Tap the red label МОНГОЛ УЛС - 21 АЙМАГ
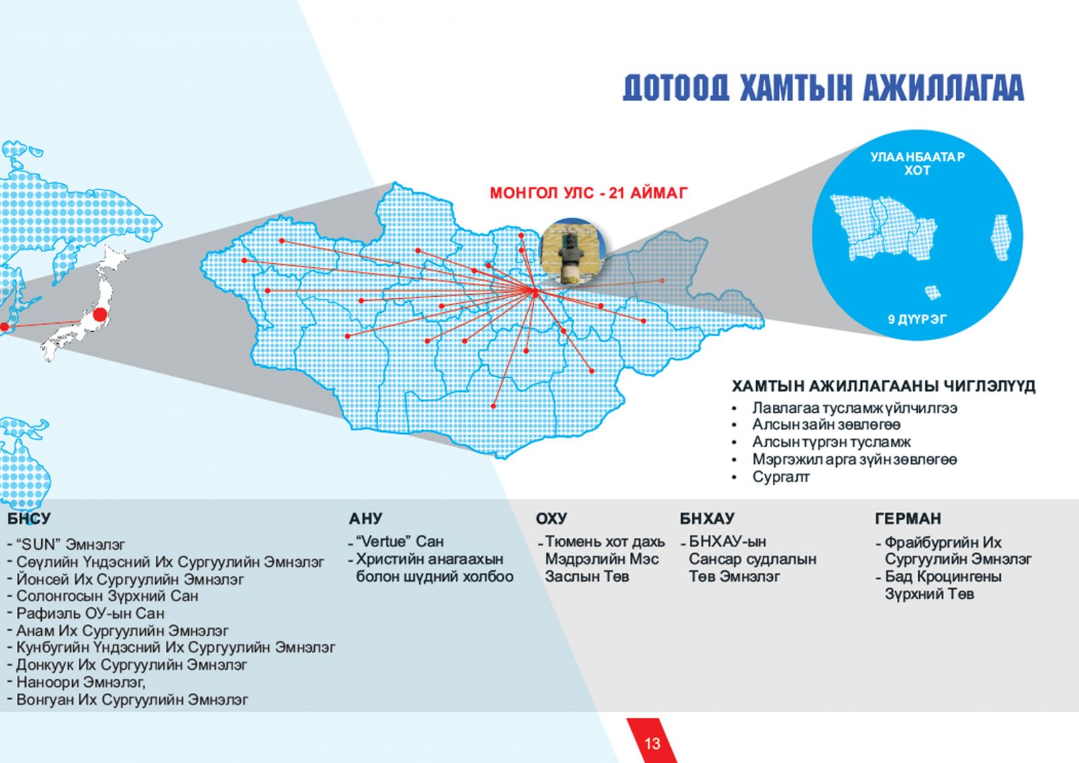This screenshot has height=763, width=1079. [x=588, y=194]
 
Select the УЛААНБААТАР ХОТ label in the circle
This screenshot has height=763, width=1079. [x=917, y=164]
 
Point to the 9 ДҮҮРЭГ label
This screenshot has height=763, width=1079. [x=917, y=319]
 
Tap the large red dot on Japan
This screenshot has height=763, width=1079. [x=100, y=315]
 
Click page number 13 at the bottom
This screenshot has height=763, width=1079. [x=652, y=743]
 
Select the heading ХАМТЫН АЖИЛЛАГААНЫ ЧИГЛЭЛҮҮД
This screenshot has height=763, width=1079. [x=883, y=387]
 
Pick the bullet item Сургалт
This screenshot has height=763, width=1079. [x=781, y=477]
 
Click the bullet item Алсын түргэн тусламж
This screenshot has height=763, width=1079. [x=831, y=442]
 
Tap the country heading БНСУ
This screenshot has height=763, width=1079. [x=29, y=519]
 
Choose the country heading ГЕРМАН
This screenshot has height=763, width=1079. [x=908, y=519]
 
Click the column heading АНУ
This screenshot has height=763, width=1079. [x=366, y=519]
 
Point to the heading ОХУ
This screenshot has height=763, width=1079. [x=552, y=519]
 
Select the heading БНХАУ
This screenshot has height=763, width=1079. [x=707, y=519]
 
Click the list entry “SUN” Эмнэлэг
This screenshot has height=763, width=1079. [x=70, y=544]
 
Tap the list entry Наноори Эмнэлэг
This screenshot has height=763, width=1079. [x=80, y=682]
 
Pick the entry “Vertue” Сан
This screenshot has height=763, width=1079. [x=400, y=541]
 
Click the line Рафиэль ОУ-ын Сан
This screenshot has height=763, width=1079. [x=90, y=613]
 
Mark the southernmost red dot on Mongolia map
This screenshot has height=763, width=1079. [x=493, y=406]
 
